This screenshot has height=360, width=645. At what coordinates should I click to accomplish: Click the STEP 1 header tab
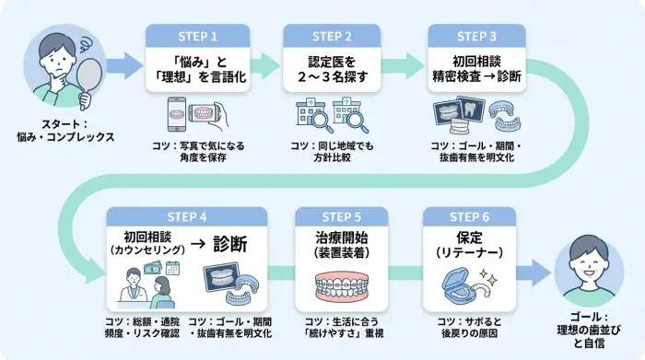[196, 36]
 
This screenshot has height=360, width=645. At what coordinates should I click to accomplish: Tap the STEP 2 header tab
[332, 36]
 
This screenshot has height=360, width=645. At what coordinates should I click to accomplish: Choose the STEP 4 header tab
[187, 217]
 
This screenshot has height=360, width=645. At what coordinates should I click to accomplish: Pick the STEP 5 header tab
[342, 217]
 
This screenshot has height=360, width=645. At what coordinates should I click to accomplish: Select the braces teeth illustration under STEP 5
[342, 288]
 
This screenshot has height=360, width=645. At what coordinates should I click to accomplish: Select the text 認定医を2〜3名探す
[332, 69]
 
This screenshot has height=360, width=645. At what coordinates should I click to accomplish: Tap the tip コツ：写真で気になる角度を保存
[196, 152]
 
